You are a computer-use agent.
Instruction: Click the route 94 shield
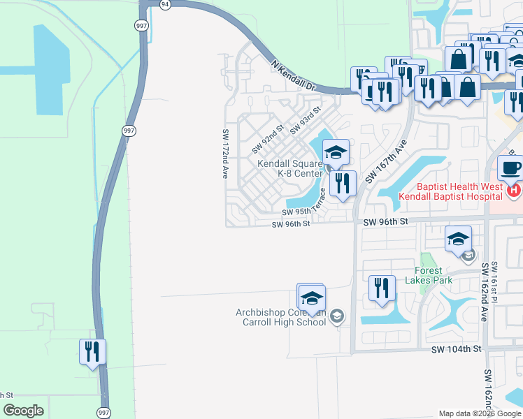164,4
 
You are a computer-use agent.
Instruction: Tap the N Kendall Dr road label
294,77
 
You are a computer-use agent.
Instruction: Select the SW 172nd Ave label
225,154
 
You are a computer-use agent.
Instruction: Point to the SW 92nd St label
267,138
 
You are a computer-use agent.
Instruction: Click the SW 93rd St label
304,120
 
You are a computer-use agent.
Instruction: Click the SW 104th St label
457,348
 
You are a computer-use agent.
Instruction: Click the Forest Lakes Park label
429,275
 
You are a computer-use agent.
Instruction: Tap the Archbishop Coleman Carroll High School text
281,317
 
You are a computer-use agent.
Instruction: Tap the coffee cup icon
510,168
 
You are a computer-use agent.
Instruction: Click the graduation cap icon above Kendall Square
336,152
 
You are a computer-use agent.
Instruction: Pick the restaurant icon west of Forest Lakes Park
382,288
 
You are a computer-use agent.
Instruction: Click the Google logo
23,411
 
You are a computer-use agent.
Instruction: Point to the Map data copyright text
480,413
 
